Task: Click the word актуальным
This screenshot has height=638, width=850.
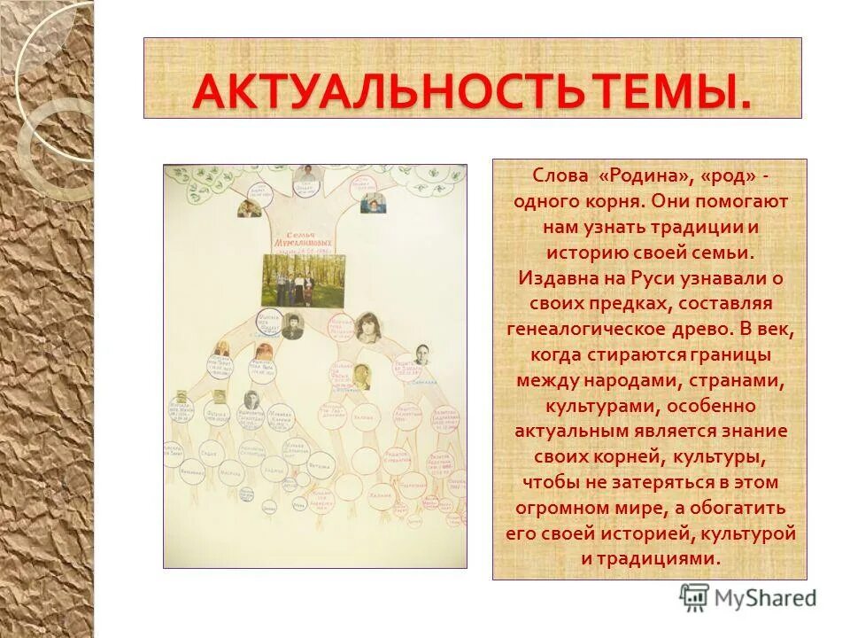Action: pos(570,432)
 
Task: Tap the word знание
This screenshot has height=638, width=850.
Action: pos(755,432)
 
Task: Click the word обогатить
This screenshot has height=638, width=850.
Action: pos(742,509)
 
